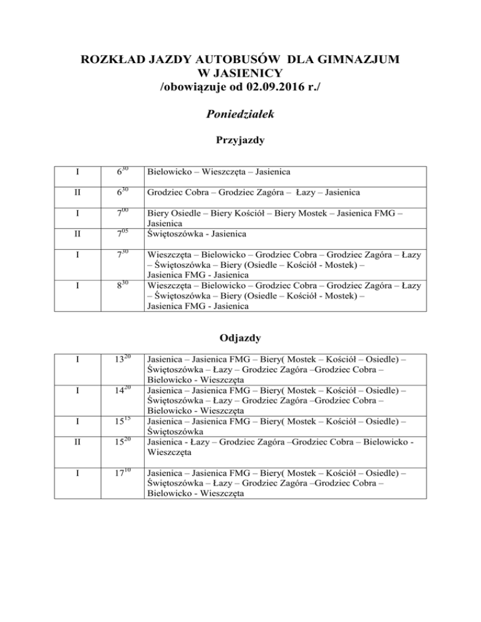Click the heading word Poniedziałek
coord(241,115)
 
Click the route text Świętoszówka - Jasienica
coord(197,233)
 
